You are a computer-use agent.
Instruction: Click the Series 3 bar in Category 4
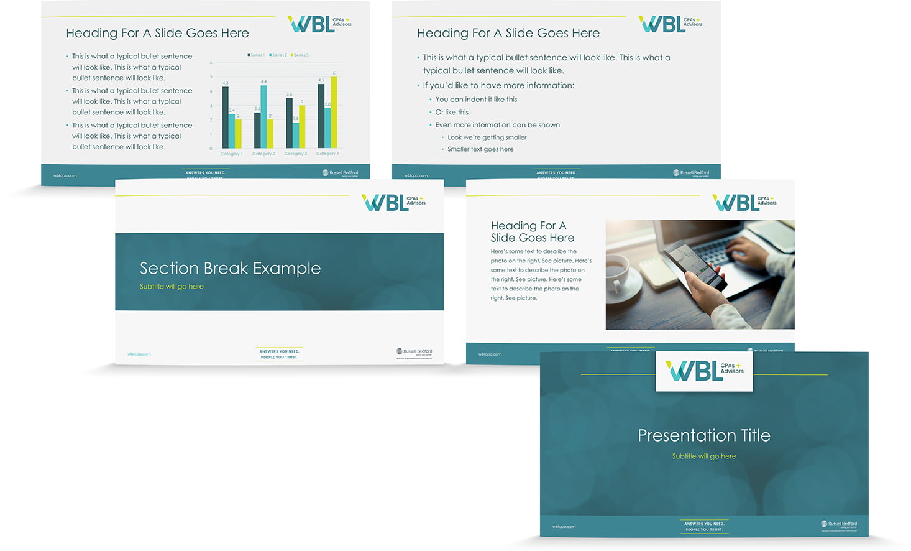click(334, 112)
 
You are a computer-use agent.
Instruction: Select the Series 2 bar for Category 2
click(263, 116)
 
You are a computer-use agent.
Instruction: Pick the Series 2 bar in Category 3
click(296, 135)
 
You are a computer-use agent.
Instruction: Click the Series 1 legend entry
click(256, 55)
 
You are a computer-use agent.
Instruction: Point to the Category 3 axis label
click(296, 154)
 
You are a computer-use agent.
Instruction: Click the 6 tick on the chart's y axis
click(211, 63)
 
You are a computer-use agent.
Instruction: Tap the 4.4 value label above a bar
click(263, 81)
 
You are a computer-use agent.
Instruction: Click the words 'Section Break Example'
click(230, 268)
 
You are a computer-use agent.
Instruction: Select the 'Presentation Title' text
click(703, 435)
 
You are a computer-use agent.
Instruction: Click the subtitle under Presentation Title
click(703, 456)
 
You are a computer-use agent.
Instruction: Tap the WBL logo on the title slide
click(704, 371)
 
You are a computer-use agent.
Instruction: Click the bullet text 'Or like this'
click(452, 113)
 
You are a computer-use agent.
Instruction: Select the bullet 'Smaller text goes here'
click(480, 149)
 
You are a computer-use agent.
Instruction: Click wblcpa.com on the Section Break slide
click(139, 354)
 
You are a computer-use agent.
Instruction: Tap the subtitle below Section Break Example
click(172, 287)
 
